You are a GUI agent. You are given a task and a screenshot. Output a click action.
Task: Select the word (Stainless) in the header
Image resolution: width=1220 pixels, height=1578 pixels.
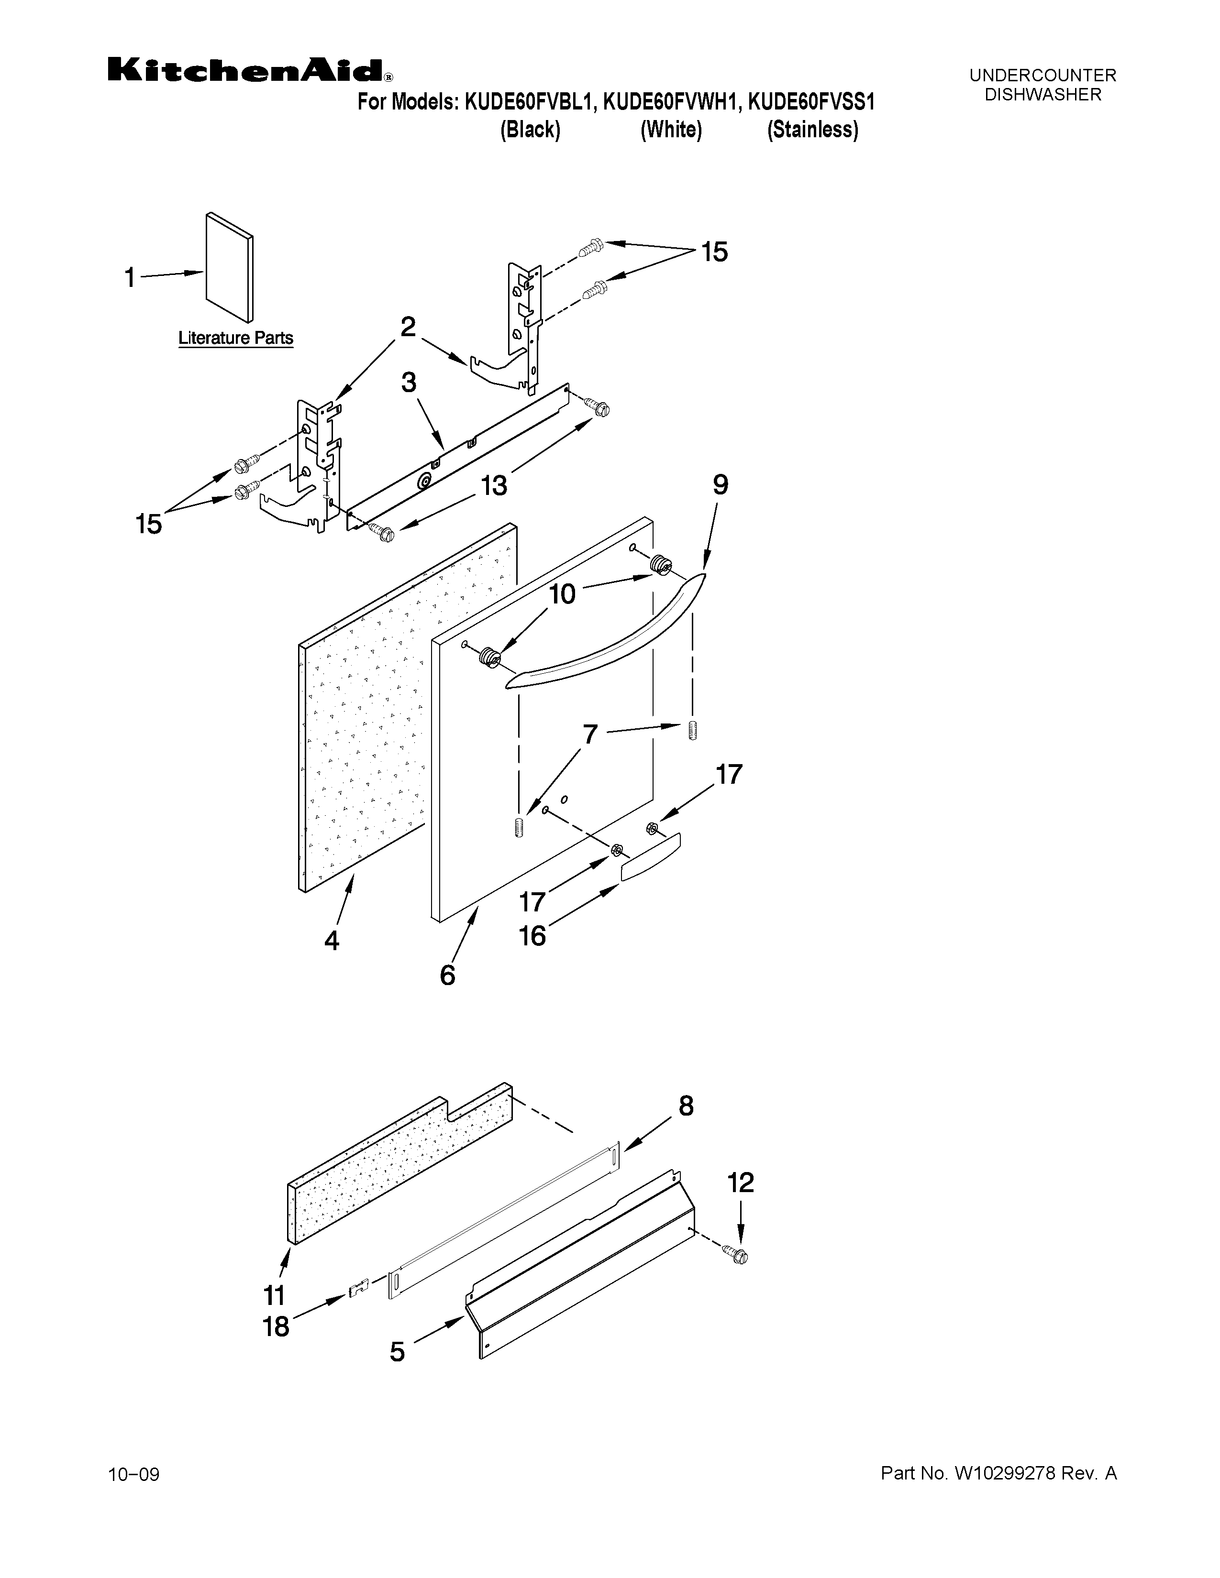[x=812, y=130]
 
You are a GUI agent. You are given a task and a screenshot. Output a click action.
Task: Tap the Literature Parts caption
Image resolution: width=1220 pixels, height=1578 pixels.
[x=235, y=338]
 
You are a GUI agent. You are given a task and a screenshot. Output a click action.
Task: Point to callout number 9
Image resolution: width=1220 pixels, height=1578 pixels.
[x=720, y=485]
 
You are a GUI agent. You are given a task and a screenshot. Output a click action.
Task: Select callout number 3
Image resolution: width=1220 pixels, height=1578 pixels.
[x=409, y=382]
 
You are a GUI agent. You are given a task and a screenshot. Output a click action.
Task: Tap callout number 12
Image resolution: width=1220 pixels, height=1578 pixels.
[x=740, y=1183]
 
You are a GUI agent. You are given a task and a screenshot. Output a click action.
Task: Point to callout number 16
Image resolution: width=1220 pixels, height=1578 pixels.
[x=532, y=936]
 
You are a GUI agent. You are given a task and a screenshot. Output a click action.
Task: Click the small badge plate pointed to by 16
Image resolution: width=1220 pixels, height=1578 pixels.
[x=651, y=857]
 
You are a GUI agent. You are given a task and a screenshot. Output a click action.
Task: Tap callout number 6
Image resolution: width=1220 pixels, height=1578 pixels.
[x=447, y=975]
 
